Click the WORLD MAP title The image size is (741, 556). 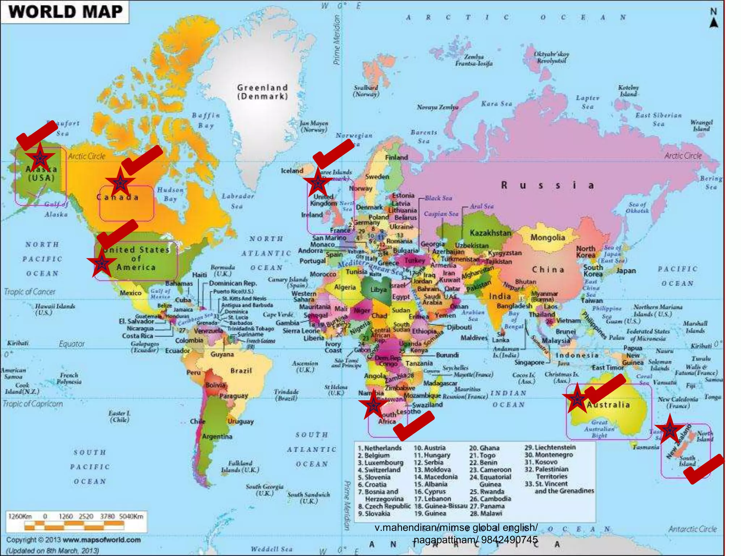tap(65, 12)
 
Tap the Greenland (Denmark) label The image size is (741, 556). tap(262, 92)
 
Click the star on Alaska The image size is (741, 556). tap(40, 157)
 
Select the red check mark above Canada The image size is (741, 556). tap(142, 160)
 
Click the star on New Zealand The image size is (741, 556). tap(669, 430)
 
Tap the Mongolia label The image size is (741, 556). tap(547, 238)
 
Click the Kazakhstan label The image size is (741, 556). tap(490, 233)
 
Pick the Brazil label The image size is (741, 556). tap(241, 371)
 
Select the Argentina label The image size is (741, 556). tap(217, 437)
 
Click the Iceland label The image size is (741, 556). tap(292, 170)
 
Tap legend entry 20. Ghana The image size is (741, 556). tap(484, 448)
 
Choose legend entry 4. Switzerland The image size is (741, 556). tap(379, 470)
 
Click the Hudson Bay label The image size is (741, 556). tap(170, 194)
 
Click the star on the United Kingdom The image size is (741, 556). tap(317, 183)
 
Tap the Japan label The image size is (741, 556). tap(626, 271)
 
